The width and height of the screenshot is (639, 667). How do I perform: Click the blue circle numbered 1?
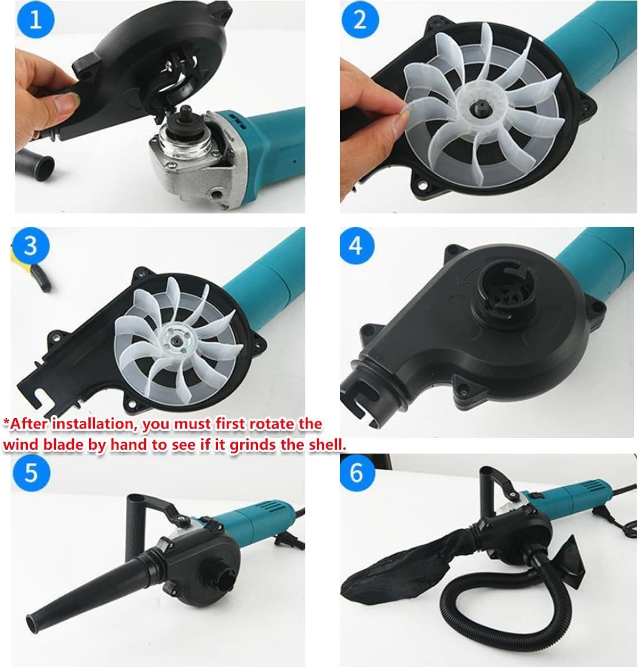(x=36, y=21)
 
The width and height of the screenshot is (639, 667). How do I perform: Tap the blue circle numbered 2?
(x=360, y=19)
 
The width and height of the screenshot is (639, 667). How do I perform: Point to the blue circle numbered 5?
(x=31, y=472)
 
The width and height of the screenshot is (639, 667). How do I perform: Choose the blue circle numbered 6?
(x=356, y=472)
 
